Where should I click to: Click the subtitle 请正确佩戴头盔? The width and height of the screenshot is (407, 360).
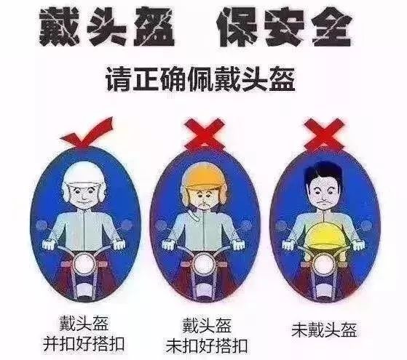204,77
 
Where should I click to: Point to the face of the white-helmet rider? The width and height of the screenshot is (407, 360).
82,193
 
